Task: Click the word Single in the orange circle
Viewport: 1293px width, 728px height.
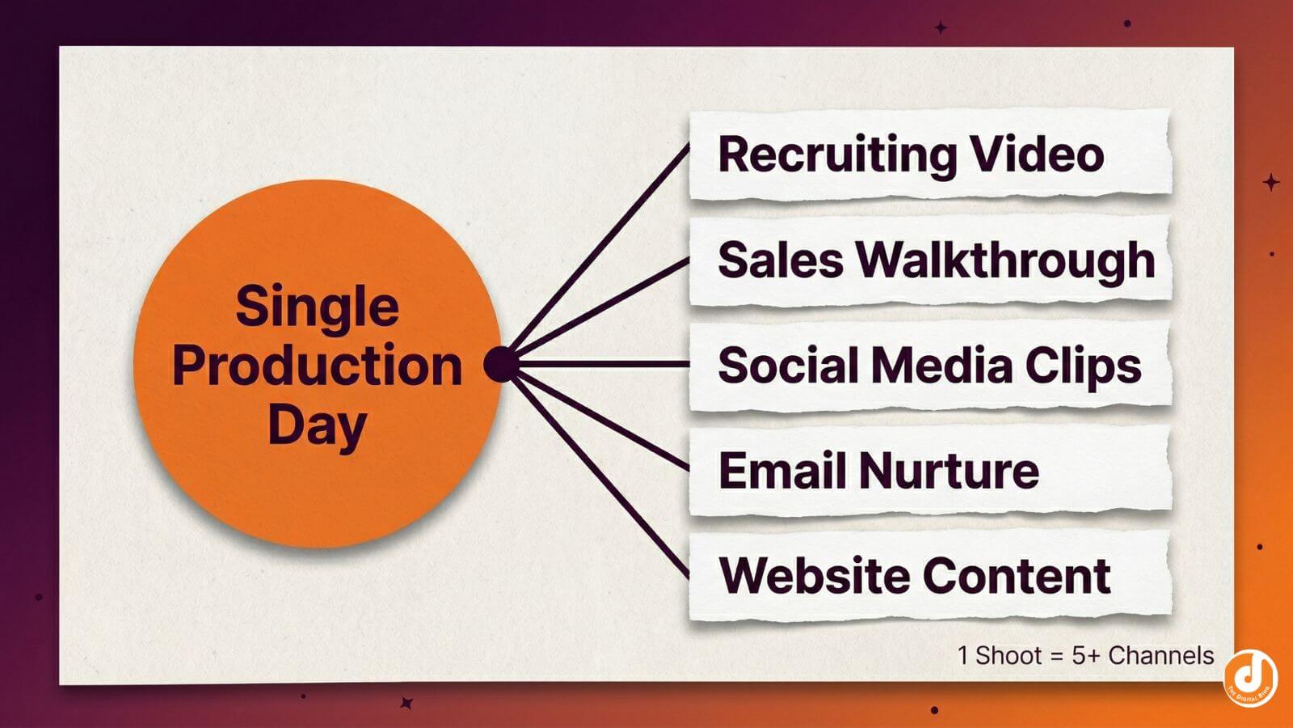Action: click(317, 307)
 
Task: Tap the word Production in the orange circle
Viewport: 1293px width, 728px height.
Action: click(317, 366)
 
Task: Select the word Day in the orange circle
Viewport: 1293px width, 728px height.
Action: click(317, 425)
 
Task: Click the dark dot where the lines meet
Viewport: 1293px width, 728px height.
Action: click(500, 364)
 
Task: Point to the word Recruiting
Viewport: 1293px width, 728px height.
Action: click(836, 154)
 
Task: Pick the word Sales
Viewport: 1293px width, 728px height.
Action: click(780, 260)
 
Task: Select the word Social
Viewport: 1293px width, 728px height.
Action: click(787, 365)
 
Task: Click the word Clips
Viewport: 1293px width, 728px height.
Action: click(1083, 366)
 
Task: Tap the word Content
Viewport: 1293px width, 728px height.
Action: click(1016, 575)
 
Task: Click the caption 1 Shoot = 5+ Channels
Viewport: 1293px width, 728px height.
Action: click(1085, 655)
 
